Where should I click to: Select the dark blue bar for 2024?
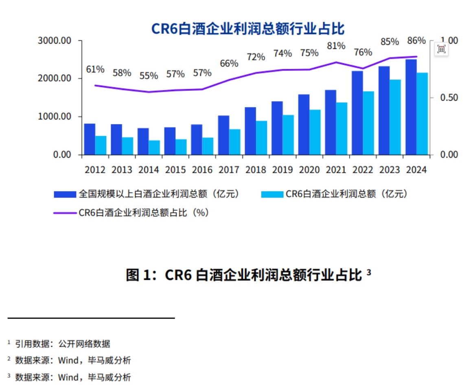(411, 107)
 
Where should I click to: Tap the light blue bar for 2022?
(368, 123)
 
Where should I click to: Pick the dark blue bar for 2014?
(143, 141)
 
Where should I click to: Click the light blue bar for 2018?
(262, 138)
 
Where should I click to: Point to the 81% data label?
(336, 46)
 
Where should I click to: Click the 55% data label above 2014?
(149, 76)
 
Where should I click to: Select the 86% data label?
(416, 41)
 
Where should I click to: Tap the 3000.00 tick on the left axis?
(55, 41)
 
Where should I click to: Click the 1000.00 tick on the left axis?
(55, 117)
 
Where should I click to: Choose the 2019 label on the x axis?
(282, 170)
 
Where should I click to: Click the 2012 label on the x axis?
(95, 170)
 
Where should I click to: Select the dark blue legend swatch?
(65, 194)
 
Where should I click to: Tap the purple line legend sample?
(65, 212)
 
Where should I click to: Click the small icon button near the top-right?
(442, 49)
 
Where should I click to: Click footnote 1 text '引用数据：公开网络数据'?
(63, 344)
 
